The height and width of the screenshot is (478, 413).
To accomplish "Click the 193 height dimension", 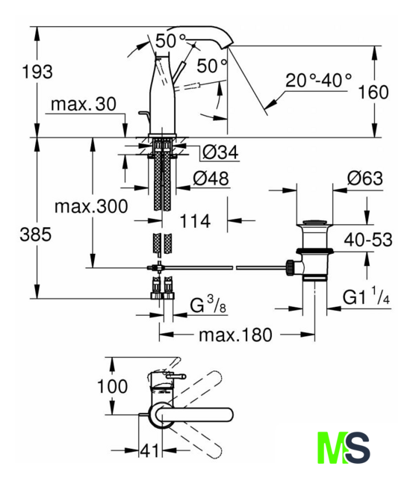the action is (37, 72).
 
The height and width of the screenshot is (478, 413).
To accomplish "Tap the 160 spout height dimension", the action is (373, 92).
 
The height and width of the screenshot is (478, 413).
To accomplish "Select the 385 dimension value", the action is (36, 235).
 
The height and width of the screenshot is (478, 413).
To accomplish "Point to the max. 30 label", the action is (84, 104).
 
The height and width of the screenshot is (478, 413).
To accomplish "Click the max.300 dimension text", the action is (91, 206).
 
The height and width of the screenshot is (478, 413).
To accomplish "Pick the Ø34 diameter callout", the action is (220, 152).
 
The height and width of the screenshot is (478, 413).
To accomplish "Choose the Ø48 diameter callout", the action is (211, 179).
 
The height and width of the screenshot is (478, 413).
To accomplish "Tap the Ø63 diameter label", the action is (365, 179).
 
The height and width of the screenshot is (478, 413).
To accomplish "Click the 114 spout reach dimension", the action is (195, 221).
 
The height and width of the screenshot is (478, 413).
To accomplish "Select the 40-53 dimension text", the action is (368, 240).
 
